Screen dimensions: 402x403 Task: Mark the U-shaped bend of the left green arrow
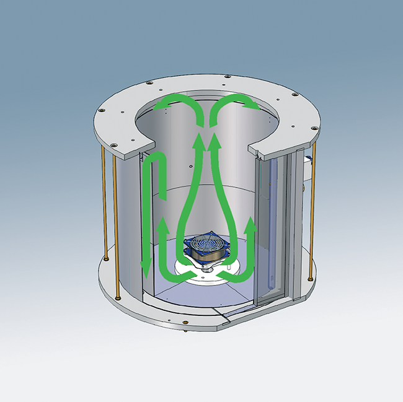coord(153,160)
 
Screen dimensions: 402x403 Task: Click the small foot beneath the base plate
coord(187,331)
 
